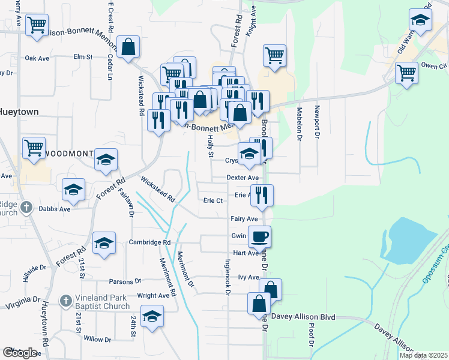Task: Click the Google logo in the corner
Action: point(20,353)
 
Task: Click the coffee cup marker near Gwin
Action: point(259,236)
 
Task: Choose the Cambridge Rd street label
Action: point(149,242)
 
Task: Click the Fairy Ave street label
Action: point(244,220)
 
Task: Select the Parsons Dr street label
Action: point(125,281)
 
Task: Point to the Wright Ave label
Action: point(153,296)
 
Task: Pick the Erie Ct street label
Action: point(213,200)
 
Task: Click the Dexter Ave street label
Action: point(243,178)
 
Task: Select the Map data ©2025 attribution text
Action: point(423,355)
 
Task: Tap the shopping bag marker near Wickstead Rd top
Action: point(128,46)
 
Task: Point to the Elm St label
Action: point(82,57)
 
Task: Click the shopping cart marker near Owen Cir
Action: point(406,73)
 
